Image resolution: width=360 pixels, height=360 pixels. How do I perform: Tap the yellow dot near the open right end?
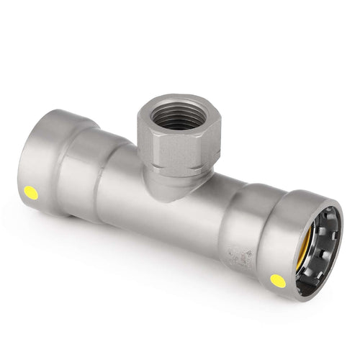pyautogui.click(x=278, y=281)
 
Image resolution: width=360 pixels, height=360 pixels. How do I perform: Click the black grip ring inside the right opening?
pyautogui.click(x=333, y=238)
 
